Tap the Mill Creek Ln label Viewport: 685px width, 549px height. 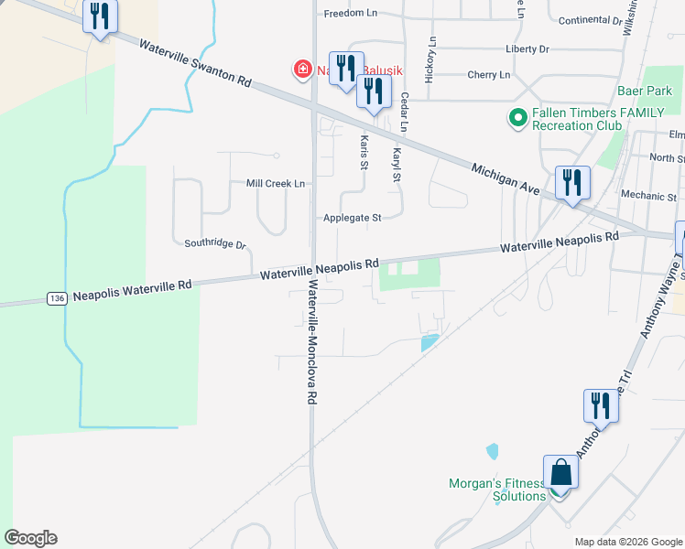(275, 183)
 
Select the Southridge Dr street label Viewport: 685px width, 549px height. (215, 244)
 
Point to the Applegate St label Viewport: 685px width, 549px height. (352, 218)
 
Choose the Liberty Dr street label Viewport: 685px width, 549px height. (527, 48)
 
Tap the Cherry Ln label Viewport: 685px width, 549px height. (488, 75)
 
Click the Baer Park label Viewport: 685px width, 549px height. (645, 91)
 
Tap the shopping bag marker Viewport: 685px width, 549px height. (560, 473)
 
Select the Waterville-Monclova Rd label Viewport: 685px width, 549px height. (312, 342)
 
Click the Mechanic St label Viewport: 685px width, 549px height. (647, 196)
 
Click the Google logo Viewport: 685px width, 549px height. (30, 538)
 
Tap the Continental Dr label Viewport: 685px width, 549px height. (590, 19)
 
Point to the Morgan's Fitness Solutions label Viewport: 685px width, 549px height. (497, 490)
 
